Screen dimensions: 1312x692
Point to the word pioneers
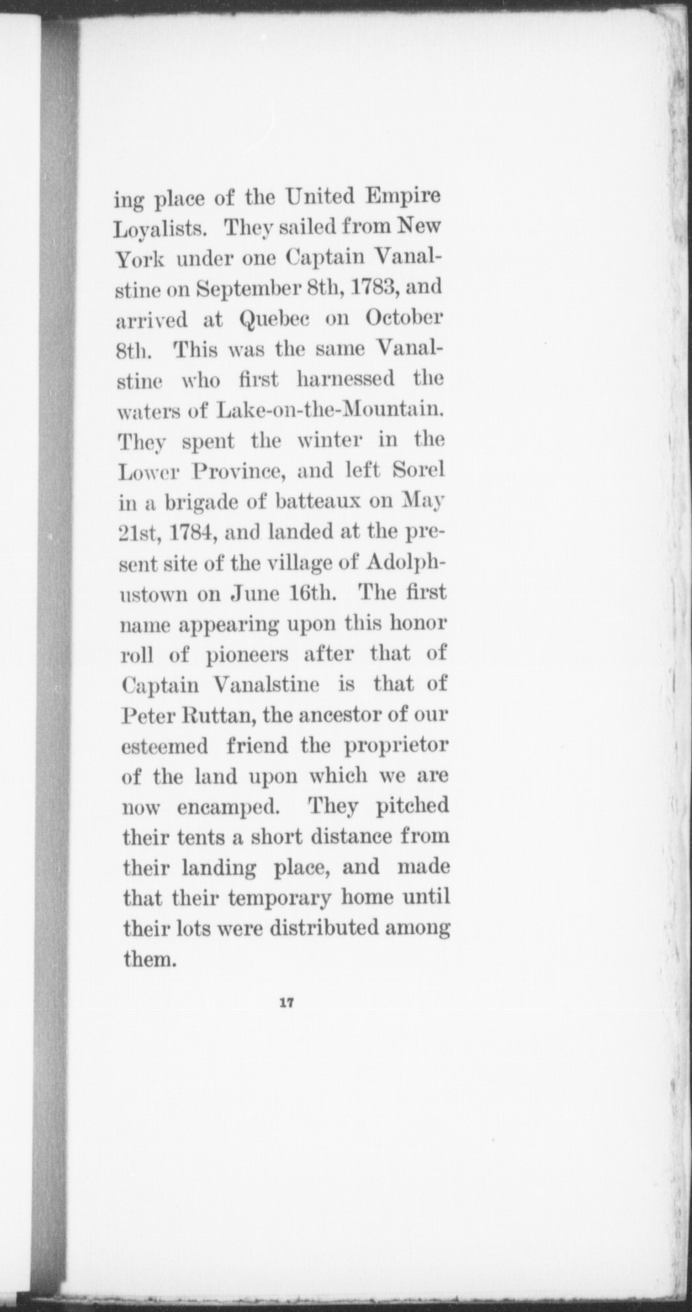point(243,653)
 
